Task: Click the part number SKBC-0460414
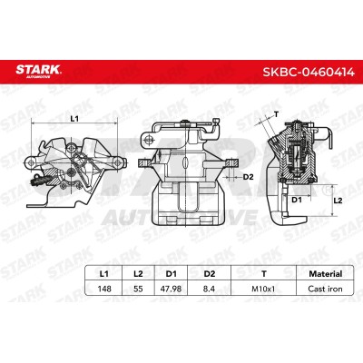(309, 72)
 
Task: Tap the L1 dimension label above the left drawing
(74, 119)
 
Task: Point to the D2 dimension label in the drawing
(248, 177)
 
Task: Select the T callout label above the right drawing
(276, 114)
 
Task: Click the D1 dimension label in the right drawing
(297, 200)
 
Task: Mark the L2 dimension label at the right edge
(338, 201)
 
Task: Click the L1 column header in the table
(103, 274)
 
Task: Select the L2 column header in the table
(138, 274)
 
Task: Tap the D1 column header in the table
(172, 274)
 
